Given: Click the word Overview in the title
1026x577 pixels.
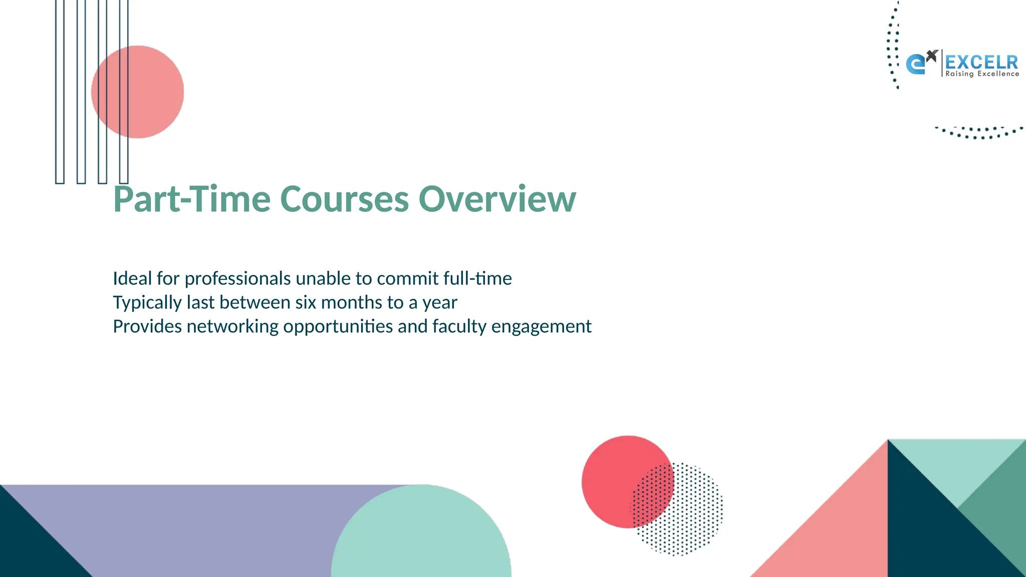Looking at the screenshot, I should coord(497,199).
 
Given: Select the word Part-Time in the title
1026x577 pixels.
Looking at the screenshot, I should coord(191,199).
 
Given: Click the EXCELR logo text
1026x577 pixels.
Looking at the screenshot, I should coord(981,62).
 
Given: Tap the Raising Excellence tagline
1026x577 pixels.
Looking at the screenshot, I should coord(982,74).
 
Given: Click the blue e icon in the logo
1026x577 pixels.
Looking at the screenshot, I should coord(916,65).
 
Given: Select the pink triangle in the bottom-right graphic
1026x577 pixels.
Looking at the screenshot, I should coord(842,531).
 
